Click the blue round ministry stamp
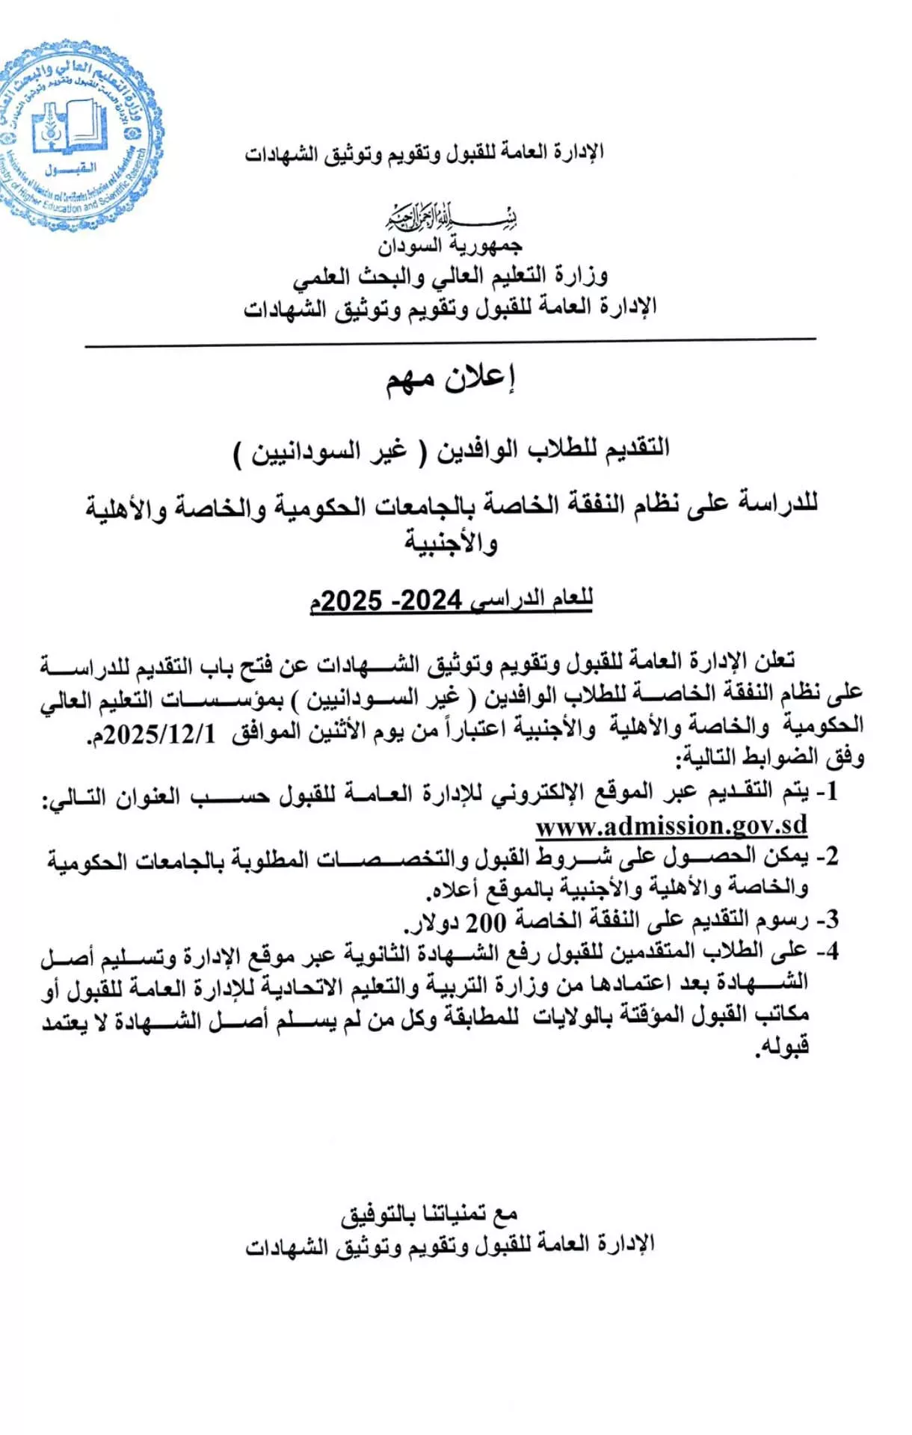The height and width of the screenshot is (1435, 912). click(78, 135)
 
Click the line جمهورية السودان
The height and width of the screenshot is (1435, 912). click(451, 245)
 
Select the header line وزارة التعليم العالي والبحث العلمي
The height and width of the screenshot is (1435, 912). click(451, 276)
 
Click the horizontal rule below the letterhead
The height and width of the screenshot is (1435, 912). click(451, 343)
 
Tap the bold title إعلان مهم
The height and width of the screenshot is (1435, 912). click(452, 379)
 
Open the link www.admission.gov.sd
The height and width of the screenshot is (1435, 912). click(671, 826)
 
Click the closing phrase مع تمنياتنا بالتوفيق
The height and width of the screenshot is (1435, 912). click(430, 1214)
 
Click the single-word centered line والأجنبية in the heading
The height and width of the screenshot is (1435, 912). click(452, 541)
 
